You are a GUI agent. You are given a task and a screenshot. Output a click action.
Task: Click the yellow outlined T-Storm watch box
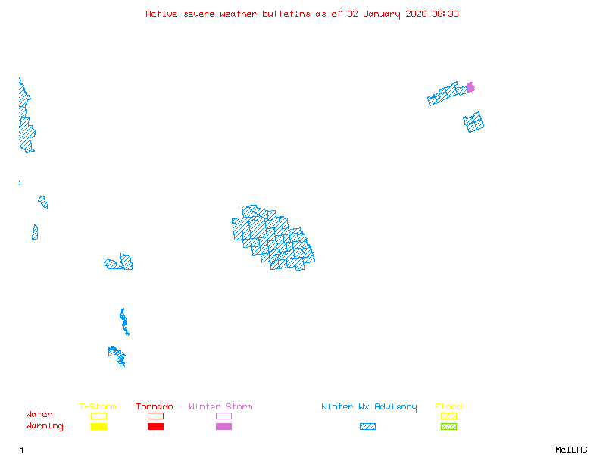98,416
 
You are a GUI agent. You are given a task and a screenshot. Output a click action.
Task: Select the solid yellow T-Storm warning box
98,426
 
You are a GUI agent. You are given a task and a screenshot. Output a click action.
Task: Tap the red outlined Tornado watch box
155,416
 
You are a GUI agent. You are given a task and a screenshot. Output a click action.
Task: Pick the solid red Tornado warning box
155,426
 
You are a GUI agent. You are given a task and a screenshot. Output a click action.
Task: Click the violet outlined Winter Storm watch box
223,416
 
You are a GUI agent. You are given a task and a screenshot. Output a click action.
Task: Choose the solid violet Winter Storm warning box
223,426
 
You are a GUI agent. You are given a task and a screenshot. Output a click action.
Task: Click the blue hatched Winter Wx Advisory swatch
367,426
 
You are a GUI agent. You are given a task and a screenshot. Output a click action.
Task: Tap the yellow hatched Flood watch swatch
448,416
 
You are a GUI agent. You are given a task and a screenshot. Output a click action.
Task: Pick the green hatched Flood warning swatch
448,426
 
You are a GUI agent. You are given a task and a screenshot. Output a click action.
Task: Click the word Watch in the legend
39,415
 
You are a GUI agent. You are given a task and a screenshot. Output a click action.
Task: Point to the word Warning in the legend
45,426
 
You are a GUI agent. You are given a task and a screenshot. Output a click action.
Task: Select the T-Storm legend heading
98,407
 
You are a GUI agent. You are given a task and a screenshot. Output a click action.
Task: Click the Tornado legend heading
155,407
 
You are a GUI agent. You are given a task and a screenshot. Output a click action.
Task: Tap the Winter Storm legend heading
220,407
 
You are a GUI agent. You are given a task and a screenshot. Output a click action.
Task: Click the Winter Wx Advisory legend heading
369,407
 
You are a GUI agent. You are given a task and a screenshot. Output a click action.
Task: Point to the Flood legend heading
448,407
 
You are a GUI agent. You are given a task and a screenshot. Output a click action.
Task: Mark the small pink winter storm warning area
470,87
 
